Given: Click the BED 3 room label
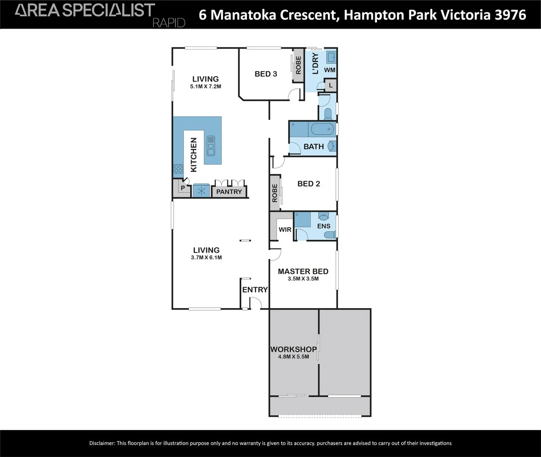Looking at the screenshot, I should pyautogui.click(x=266, y=74).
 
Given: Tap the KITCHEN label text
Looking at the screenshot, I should pyautogui.click(x=194, y=155).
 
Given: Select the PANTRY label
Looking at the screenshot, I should pyautogui.click(x=229, y=192).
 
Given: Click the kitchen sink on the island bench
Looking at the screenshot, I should pyautogui.click(x=210, y=146).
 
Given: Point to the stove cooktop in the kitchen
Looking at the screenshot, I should pyautogui.click(x=178, y=169).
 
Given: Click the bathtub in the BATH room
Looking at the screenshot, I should pyautogui.click(x=322, y=129).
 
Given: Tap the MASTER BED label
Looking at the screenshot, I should pyautogui.click(x=303, y=271).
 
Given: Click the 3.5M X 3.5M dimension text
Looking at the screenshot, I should pyautogui.click(x=303, y=279).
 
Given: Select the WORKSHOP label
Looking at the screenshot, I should pyautogui.click(x=293, y=349).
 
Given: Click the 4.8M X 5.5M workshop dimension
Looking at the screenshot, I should pyautogui.click(x=293, y=357).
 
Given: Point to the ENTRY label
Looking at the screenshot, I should pyautogui.click(x=255, y=290).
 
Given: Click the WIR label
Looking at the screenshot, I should pyautogui.click(x=285, y=229).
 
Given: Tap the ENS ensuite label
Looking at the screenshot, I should pyautogui.click(x=324, y=226).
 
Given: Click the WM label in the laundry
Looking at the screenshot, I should pyautogui.click(x=330, y=70).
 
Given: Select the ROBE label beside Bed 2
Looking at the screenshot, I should pyautogui.click(x=275, y=193).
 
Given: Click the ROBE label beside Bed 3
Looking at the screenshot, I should pyautogui.click(x=298, y=65).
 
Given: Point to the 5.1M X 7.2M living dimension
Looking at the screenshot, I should pyautogui.click(x=206, y=86).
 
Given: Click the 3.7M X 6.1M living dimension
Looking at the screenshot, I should pyautogui.click(x=206, y=257).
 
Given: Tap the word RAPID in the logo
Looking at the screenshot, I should pyautogui.click(x=169, y=22).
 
